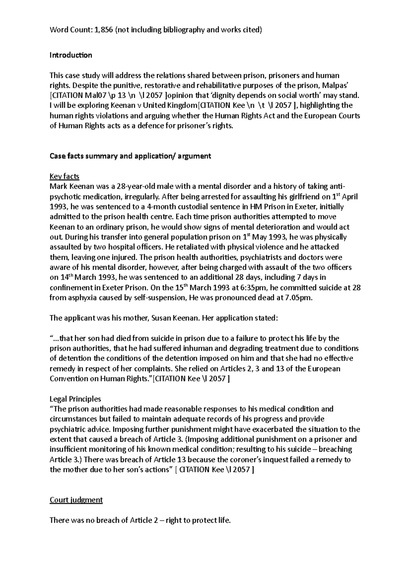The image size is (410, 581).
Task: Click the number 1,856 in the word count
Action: [102, 30]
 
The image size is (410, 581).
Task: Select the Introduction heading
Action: [71, 55]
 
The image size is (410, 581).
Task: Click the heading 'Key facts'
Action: [64, 177]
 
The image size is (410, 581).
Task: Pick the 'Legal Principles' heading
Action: [75, 399]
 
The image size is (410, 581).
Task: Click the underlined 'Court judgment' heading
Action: [76, 500]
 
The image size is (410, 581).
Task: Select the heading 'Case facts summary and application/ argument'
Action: [130, 156]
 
